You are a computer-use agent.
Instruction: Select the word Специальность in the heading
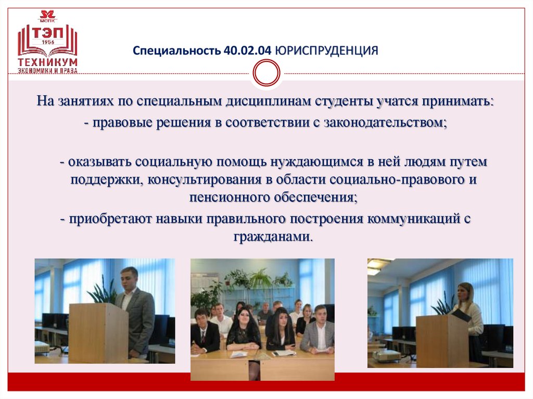[177, 51]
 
